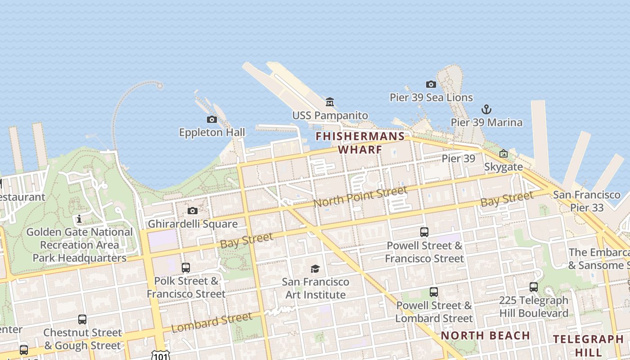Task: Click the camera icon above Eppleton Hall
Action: tap(212, 119)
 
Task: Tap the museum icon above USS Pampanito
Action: tap(330, 102)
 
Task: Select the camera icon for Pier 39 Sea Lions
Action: tap(431, 84)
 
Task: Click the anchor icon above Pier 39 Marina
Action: tap(486, 109)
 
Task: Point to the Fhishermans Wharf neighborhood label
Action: tap(360, 143)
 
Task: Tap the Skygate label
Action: tap(504, 167)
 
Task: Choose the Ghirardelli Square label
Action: tap(193, 224)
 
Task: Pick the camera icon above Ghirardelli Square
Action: tap(193, 211)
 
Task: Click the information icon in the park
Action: tap(79, 219)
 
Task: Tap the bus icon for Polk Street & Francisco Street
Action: tap(185, 268)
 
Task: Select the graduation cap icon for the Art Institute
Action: tap(315, 269)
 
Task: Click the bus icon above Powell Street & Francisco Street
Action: tap(424, 232)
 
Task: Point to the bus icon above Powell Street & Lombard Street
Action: tap(433, 292)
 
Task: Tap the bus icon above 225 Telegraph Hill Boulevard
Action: tap(533, 287)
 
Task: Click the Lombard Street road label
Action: tap(211, 322)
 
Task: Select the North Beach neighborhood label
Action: tap(485, 335)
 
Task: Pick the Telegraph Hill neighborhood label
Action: tap(588, 345)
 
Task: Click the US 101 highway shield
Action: tap(161, 355)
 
